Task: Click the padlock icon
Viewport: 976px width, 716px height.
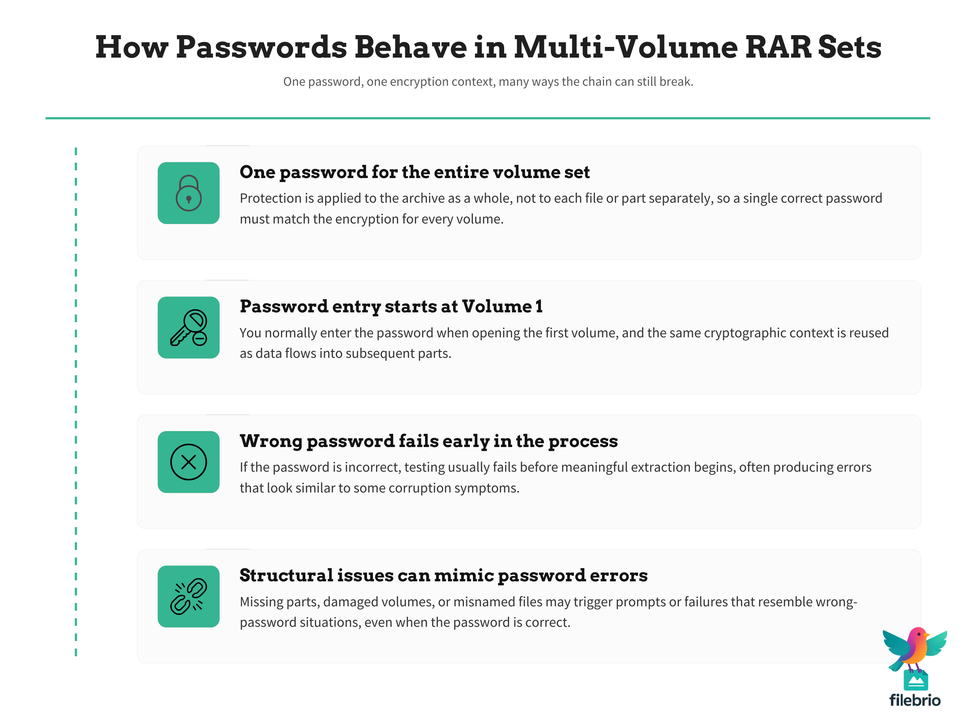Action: click(x=188, y=193)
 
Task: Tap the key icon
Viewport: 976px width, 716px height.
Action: click(x=188, y=328)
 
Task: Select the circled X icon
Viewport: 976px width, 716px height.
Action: click(x=188, y=462)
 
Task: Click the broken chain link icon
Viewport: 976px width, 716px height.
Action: click(x=188, y=596)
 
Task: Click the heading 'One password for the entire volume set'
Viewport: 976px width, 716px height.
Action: click(x=415, y=172)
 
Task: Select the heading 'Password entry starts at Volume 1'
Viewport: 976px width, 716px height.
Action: click(x=391, y=306)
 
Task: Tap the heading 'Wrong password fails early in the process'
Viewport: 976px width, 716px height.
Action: click(x=428, y=441)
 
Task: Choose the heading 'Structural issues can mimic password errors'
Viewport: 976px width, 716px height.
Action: click(x=443, y=575)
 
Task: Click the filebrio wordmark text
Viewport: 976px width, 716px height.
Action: click(x=915, y=700)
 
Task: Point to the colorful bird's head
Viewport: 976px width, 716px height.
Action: click(x=917, y=637)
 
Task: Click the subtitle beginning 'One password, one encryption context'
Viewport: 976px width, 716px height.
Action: click(x=488, y=82)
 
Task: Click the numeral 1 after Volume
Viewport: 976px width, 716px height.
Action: click(x=539, y=306)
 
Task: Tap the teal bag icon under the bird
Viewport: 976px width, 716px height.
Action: click(x=915, y=680)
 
